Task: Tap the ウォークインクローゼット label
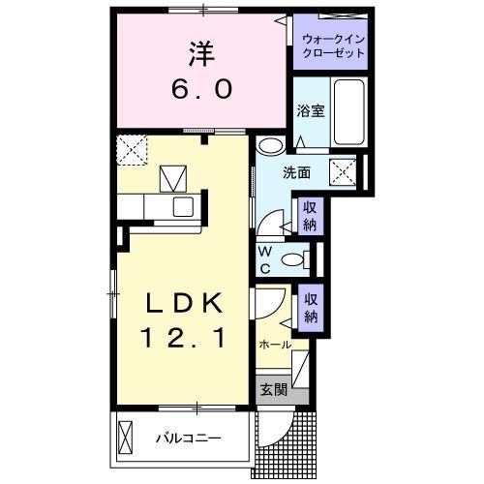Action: coord(333,45)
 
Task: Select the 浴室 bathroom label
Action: coord(310,111)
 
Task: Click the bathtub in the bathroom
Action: coord(346,114)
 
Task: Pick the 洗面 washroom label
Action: coord(296,174)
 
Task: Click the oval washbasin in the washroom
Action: coord(270,146)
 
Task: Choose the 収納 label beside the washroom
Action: coord(309,215)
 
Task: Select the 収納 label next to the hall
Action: coord(310,308)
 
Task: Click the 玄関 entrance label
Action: coord(273,390)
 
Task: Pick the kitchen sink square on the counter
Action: coord(183,207)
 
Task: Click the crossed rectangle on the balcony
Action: coord(125,438)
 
